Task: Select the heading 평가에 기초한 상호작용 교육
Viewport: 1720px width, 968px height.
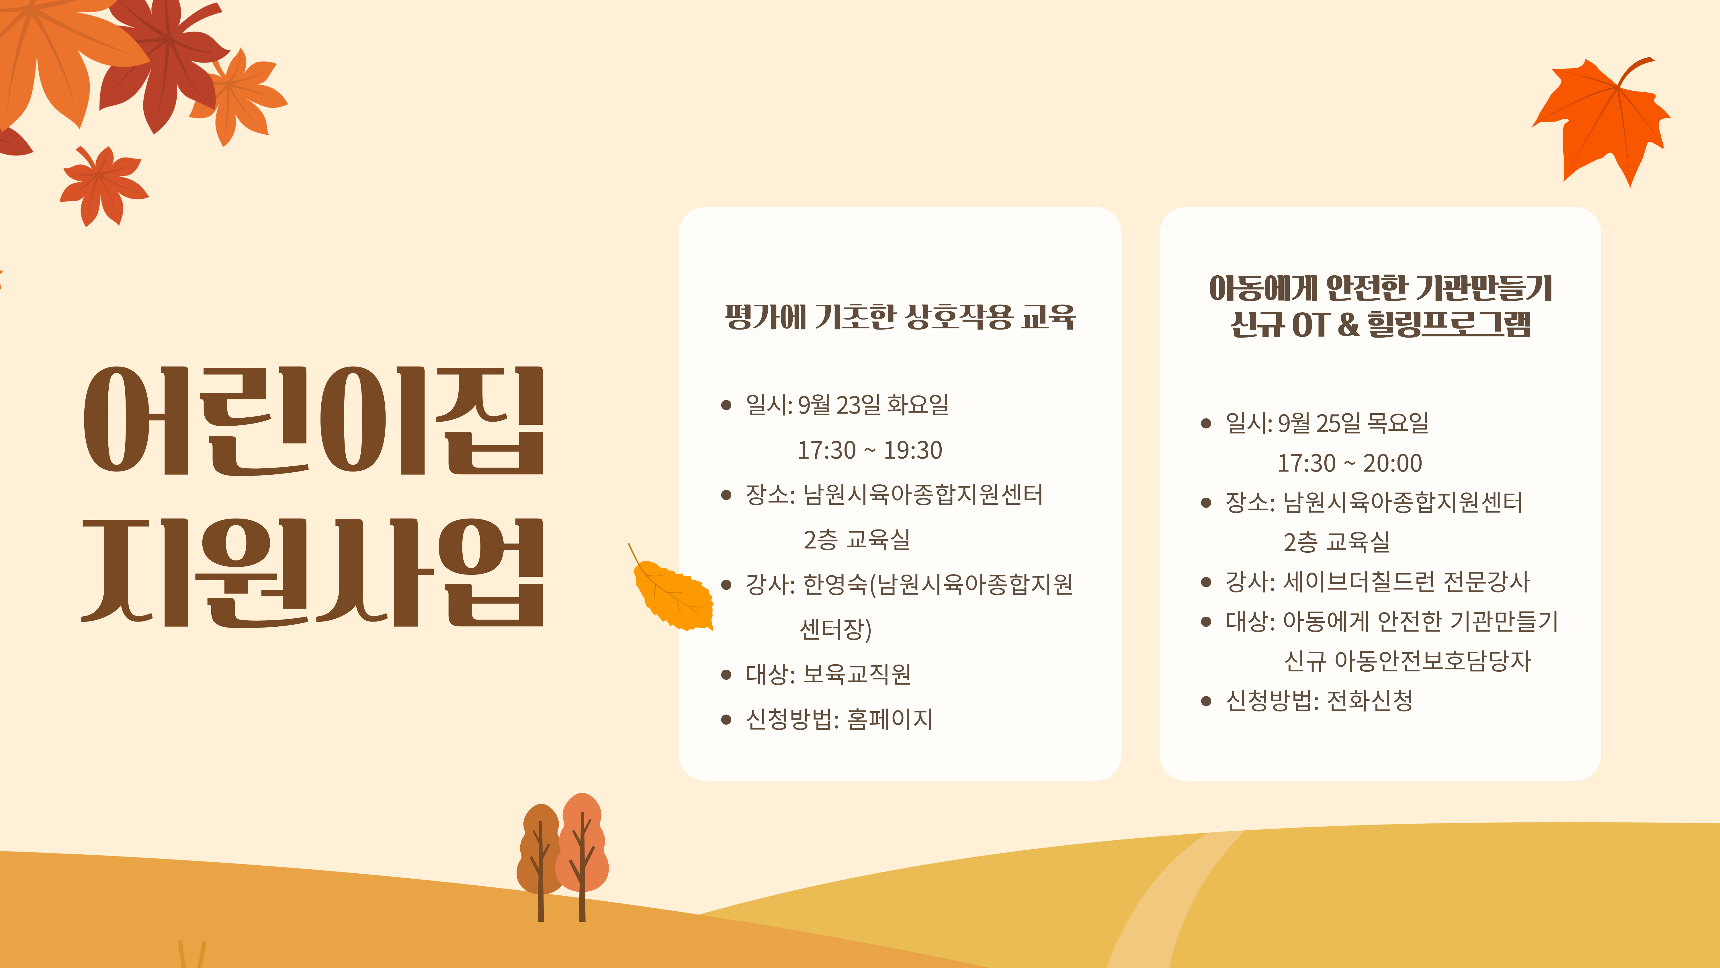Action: click(900, 317)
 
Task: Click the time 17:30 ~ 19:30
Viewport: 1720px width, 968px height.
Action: click(869, 450)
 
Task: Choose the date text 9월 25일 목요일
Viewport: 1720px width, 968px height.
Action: click(1353, 423)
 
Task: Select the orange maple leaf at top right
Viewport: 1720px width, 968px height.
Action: click(1602, 120)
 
